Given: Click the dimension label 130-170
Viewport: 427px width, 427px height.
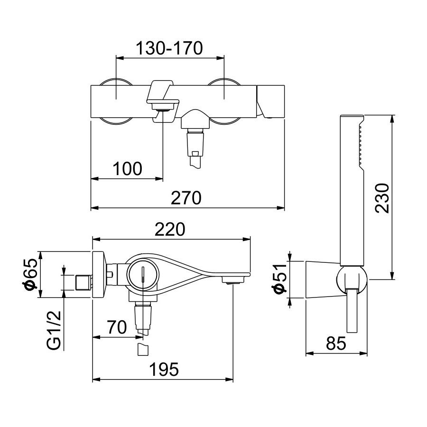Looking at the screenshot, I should [169, 48].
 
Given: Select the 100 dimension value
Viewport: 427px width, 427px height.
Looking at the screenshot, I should [127, 168].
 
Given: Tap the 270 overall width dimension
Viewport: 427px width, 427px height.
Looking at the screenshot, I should [187, 197].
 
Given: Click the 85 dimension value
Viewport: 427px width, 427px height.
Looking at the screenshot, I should [336, 343].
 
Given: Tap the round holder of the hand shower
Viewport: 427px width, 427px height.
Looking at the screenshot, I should [351, 280].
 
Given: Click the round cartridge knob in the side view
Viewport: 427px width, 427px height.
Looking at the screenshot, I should [142, 275].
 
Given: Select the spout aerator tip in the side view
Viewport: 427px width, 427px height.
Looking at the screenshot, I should [232, 284].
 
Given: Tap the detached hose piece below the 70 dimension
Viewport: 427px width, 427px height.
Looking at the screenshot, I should [142, 350].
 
